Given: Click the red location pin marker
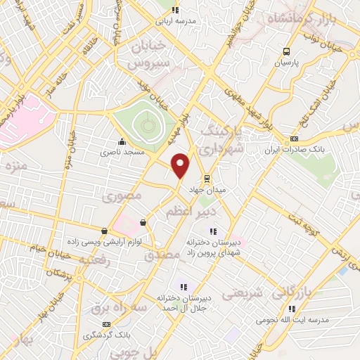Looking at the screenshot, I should coord(181,165).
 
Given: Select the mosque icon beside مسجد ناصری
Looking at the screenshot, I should coord(122,141).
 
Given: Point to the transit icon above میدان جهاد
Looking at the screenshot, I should coord(205,178).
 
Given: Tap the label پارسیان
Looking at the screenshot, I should coord(286,63).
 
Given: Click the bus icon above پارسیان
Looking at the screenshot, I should coord(286,51).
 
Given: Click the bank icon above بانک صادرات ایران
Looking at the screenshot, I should coord(294,139).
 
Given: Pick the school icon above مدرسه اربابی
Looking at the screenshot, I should coord(176,10).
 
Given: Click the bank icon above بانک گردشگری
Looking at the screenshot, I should coord(105,323).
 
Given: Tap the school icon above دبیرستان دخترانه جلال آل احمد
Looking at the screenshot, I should coord(183,287).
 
